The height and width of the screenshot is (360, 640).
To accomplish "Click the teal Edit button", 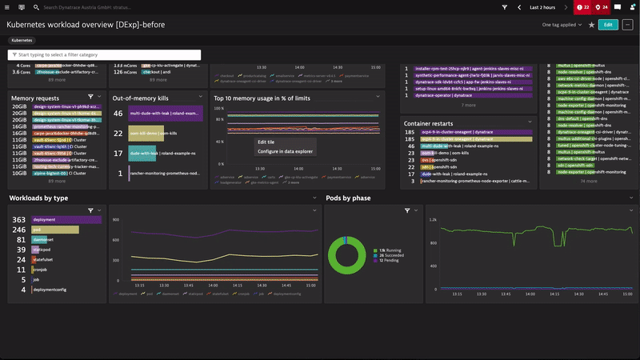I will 607,25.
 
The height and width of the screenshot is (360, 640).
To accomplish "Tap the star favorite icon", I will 591,25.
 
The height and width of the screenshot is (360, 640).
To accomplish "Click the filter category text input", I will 104,54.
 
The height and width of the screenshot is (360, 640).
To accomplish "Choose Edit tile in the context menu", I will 266,142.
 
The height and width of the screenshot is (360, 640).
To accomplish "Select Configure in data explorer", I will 284,151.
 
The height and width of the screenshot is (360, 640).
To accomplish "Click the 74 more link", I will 588,182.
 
